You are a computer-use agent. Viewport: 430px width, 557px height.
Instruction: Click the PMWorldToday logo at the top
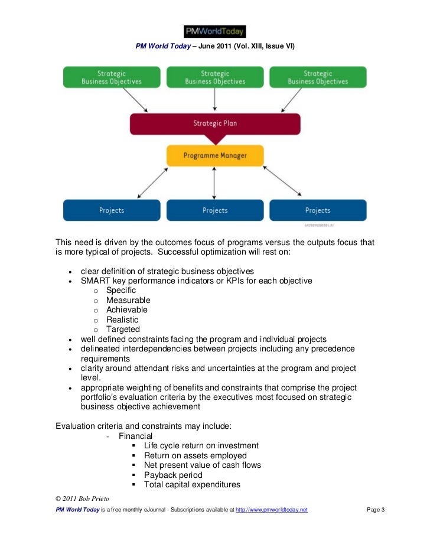(214, 31)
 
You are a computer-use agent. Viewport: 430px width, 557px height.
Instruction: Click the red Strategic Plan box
(215, 124)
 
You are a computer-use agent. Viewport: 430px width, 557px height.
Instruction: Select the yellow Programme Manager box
(215, 155)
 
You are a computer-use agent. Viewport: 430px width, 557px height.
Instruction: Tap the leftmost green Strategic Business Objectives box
(112, 77)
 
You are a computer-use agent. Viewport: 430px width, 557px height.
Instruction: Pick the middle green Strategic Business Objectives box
(215, 77)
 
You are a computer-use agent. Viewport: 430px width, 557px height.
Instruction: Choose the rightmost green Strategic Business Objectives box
(318, 77)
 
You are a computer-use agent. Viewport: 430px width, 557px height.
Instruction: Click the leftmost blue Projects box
(112, 210)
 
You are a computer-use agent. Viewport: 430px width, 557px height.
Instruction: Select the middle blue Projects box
(215, 210)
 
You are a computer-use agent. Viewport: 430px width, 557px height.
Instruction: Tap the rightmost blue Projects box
(318, 210)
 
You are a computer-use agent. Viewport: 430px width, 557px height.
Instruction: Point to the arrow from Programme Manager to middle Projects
(215, 183)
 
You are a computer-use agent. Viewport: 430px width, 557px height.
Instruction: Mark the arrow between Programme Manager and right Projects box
(282, 180)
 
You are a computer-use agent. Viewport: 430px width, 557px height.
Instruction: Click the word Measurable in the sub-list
(128, 300)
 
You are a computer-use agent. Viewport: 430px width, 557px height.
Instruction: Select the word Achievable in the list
(127, 310)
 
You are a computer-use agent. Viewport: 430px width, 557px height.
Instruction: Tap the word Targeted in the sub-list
(123, 329)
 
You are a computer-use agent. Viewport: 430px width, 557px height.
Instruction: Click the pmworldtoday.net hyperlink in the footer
(271, 509)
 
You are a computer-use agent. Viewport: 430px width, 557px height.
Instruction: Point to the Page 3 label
(376, 509)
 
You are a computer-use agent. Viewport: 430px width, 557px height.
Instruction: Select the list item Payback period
(173, 475)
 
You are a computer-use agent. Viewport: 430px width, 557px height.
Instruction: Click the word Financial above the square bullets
(135, 436)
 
